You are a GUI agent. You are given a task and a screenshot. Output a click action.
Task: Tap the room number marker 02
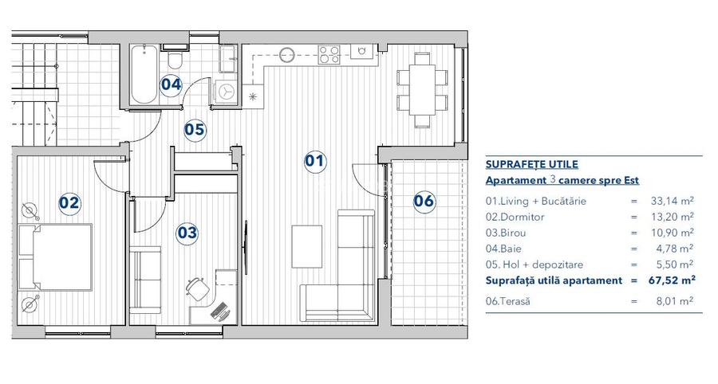click(70, 202)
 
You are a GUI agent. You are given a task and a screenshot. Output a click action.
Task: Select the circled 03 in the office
click(187, 233)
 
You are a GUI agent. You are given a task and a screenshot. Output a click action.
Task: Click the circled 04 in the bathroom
click(171, 84)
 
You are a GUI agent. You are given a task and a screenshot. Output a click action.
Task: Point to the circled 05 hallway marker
click(195, 129)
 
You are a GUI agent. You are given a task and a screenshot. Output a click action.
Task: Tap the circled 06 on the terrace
click(424, 201)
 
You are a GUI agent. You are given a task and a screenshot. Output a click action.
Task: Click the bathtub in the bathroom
click(144, 74)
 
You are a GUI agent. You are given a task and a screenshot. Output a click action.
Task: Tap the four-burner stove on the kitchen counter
click(329, 55)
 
